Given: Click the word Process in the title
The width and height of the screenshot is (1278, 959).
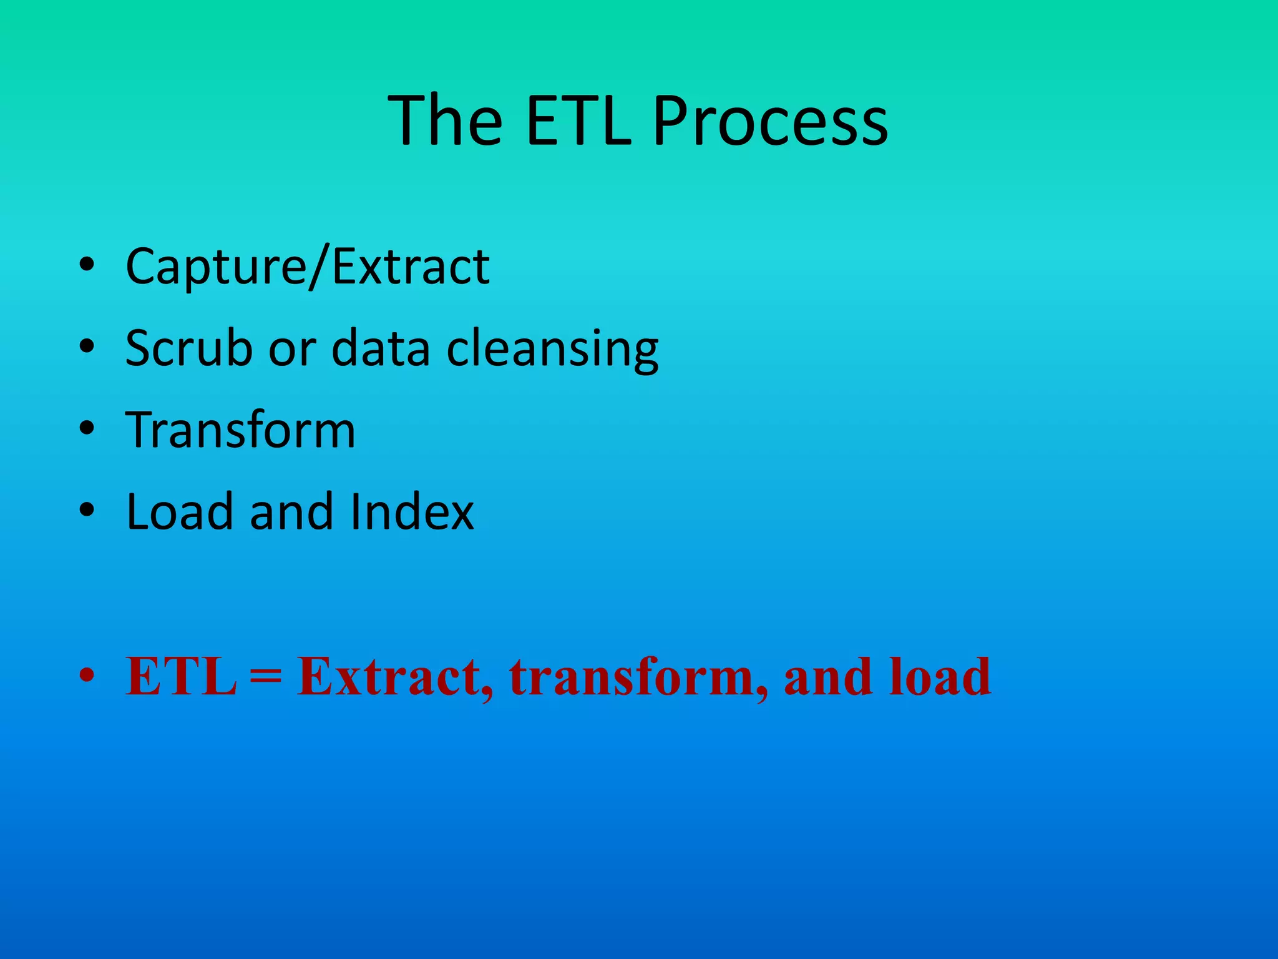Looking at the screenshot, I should (x=770, y=122).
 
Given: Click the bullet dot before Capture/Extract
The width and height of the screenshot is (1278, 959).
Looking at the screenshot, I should (x=87, y=265).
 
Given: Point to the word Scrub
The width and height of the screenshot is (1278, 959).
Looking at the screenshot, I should (x=188, y=348).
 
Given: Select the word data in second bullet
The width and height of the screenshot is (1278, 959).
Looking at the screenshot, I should (x=381, y=348).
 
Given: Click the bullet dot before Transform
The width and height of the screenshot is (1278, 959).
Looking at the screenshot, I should (x=87, y=429).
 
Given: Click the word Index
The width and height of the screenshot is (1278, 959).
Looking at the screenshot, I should (x=412, y=511).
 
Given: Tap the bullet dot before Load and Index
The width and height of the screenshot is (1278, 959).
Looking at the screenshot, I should (x=87, y=511).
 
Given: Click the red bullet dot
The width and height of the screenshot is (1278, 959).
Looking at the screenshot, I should (x=87, y=676).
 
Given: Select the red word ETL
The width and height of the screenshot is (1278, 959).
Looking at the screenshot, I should (x=181, y=676).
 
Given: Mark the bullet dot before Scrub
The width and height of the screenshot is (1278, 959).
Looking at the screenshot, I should (x=87, y=347).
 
